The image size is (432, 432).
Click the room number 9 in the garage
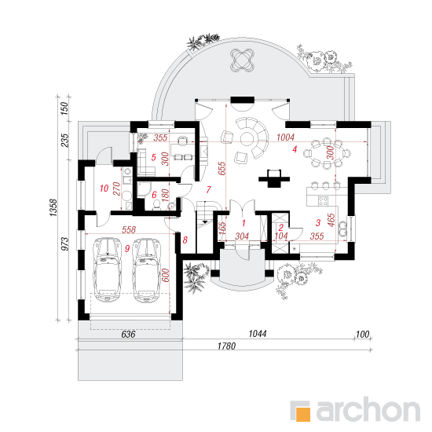[x=127, y=248]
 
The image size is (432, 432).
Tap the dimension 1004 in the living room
[x=285, y=137]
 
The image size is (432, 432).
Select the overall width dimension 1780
[x=226, y=346]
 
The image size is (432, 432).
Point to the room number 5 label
[x=153, y=157]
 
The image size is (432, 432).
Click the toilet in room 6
[x=157, y=204]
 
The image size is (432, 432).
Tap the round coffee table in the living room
[x=248, y=138]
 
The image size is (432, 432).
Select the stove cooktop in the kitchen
[x=323, y=200]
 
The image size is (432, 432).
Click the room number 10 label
[x=104, y=189]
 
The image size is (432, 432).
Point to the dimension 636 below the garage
[x=128, y=334]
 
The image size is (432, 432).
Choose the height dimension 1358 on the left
[x=53, y=207]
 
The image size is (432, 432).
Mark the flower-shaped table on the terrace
[x=242, y=60]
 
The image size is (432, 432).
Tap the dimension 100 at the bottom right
[x=362, y=335]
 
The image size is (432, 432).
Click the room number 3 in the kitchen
[x=318, y=222]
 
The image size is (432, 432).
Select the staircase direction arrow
[x=205, y=221]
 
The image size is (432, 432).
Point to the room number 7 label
[x=209, y=189]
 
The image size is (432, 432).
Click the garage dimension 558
[x=129, y=229]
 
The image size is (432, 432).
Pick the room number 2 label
[x=280, y=227]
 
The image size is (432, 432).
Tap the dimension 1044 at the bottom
[x=258, y=334]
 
